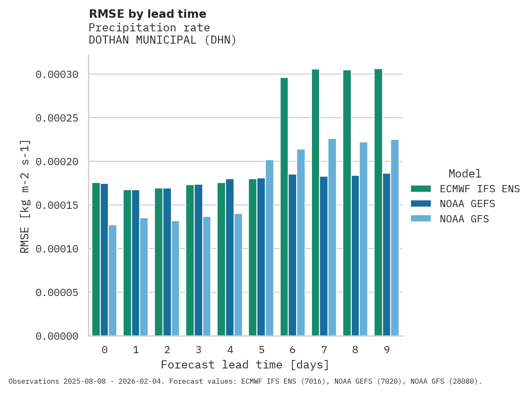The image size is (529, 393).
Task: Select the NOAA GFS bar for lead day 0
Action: tap(113, 280)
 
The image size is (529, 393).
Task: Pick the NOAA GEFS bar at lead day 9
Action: tap(386, 255)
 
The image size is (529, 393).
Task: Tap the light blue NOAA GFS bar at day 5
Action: tap(270, 248)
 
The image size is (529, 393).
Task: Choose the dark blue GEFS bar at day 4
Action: tap(230, 257)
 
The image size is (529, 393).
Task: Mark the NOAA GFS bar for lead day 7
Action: tap(332, 237)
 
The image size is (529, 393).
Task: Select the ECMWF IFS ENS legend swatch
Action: tap(421, 188)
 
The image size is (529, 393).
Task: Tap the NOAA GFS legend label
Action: tap(464, 219)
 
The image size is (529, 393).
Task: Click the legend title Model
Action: tap(465, 174)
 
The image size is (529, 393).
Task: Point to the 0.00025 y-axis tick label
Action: tap(57, 118)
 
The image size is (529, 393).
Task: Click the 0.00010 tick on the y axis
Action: tap(57, 249)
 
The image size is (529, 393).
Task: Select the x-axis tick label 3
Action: tap(198, 350)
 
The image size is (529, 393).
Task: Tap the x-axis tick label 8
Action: tap(355, 350)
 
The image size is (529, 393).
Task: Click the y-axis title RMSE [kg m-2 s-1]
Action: tap(25, 196)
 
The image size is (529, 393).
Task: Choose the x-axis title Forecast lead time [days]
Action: tap(245, 365)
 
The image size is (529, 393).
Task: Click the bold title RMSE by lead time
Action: tap(147, 14)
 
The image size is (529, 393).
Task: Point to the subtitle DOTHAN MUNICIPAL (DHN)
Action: tap(163, 40)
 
